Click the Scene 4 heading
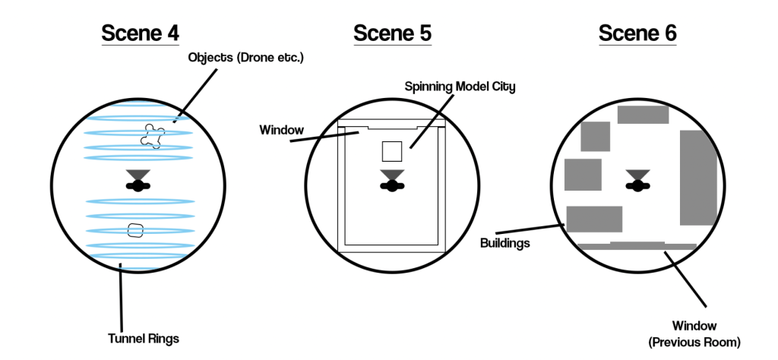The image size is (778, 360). point(141,33)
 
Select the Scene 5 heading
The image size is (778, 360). point(392,33)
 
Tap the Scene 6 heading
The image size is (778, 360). point(637,33)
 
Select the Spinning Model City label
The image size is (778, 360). point(460,87)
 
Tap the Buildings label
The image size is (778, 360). point(505,244)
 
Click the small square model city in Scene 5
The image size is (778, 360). point(392,152)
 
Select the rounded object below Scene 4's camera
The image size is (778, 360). point(135,230)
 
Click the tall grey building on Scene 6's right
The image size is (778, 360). point(698,177)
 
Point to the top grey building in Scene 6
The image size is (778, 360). point(643,115)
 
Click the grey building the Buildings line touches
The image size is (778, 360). point(594,219)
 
